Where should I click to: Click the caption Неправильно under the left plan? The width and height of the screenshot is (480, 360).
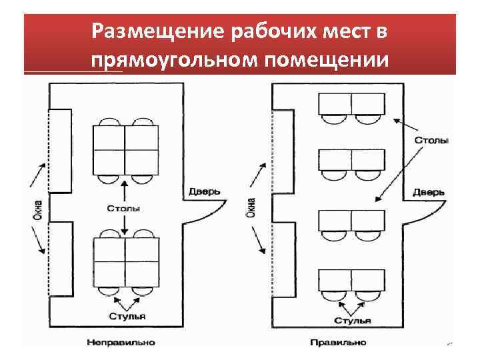click(120, 342)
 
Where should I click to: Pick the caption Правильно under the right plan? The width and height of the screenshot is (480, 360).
click(338, 342)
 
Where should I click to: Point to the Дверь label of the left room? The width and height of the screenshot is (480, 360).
click(204, 192)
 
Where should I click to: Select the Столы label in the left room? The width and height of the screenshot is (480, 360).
click(124, 209)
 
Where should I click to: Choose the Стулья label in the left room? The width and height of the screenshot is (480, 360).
click(127, 316)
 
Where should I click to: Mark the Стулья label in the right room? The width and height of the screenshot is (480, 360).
click(352, 321)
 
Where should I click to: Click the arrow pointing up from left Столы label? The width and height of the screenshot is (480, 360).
click(124, 190)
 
